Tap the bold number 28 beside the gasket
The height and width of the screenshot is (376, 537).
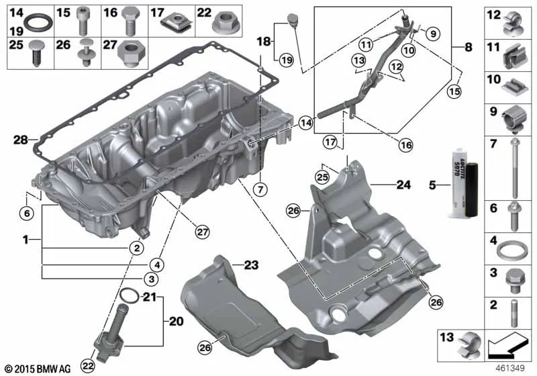click(x=21, y=140)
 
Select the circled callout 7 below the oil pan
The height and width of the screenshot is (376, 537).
click(x=260, y=189)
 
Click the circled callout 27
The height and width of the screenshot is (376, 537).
click(x=202, y=232)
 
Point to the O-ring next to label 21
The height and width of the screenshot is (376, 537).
click(x=130, y=295)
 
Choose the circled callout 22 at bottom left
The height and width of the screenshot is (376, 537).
click(x=88, y=366)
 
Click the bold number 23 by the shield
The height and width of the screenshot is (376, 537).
click(x=251, y=265)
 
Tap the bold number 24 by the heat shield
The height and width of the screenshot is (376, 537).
click(x=403, y=185)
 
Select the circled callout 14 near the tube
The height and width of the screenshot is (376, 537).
click(x=306, y=123)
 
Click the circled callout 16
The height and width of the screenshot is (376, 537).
click(x=406, y=145)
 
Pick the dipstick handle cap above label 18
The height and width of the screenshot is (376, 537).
click(x=293, y=19)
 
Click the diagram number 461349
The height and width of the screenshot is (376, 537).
click(x=510, y=369)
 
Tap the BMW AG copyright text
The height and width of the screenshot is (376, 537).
click(x=38, y=369)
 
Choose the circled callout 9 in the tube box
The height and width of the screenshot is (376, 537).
click(x=433, y=34)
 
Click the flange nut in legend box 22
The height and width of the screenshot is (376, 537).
click(x=226, y=21)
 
